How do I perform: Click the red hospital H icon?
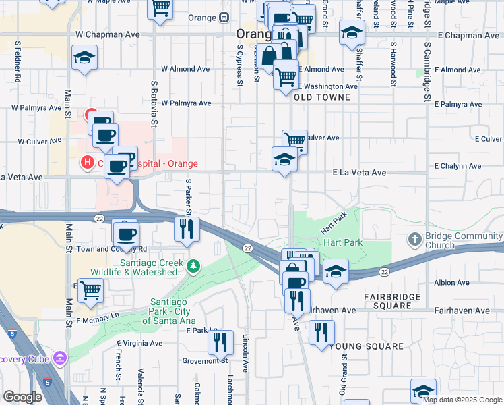pyautogui.click(x=86, y=163)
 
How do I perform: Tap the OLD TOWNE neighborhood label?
pyautogui.click(x=322, y=97)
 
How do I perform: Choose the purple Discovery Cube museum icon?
pyautogui.click(x=60, y=357)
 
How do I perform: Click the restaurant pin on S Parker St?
pyautogui.click(x=185, y=229)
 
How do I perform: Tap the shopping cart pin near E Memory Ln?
pyautogui.click(x=90, y=291)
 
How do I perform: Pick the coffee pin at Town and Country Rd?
pyautogui.click(x=126, y=234)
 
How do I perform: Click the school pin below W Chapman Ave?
pyautogui.click(x=86, y=58)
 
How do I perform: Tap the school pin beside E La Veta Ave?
pyautogui.click(x=284, y=159)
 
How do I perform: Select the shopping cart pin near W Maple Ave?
pyautogui.click(x=160, y=8)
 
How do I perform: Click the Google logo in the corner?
pyautogui.click(x=23, y=397)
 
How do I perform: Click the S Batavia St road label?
pyautogui.click(x=154, y=105)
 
